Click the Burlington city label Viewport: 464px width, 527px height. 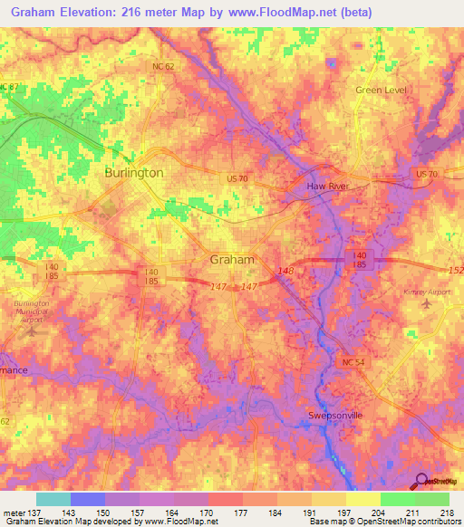(134, 172)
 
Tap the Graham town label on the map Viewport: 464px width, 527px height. (232, 259)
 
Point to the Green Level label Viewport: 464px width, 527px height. (382, 91)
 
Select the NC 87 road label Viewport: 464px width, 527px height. (9, 86)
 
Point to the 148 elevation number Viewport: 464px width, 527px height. (286, 271)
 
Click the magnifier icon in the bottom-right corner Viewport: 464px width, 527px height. (421, 481)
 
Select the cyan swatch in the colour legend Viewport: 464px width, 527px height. (53, 499)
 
